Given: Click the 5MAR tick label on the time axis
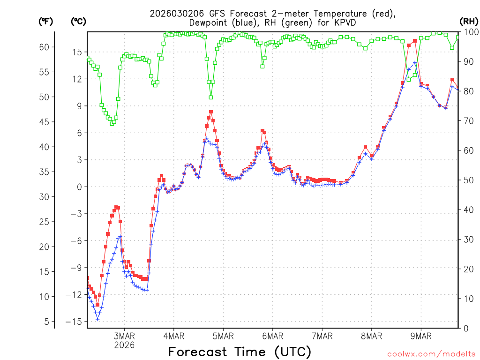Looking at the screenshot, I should tap(223, 336).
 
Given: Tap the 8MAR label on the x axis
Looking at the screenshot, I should tap(371, 336).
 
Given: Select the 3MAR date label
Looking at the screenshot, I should tap(124, 336).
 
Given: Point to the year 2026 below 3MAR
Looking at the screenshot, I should tap(124, 345).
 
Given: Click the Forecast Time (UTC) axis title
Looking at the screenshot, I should tap(240, 352).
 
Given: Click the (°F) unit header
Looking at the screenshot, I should tap(45, 21).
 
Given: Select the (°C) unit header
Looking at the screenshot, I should tap(78, 21).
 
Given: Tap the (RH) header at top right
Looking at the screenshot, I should tap(469, 21).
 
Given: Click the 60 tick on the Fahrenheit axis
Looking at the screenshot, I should tap(44, 47).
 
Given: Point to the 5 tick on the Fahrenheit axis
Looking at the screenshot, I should tap(46, 322).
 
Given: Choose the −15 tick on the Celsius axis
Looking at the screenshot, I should tap(74, 322).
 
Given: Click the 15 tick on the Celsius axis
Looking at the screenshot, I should tap(76, 52).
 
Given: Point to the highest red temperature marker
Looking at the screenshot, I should tap(415, 41).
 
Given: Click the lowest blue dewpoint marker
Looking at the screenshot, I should tap(97, 319).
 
